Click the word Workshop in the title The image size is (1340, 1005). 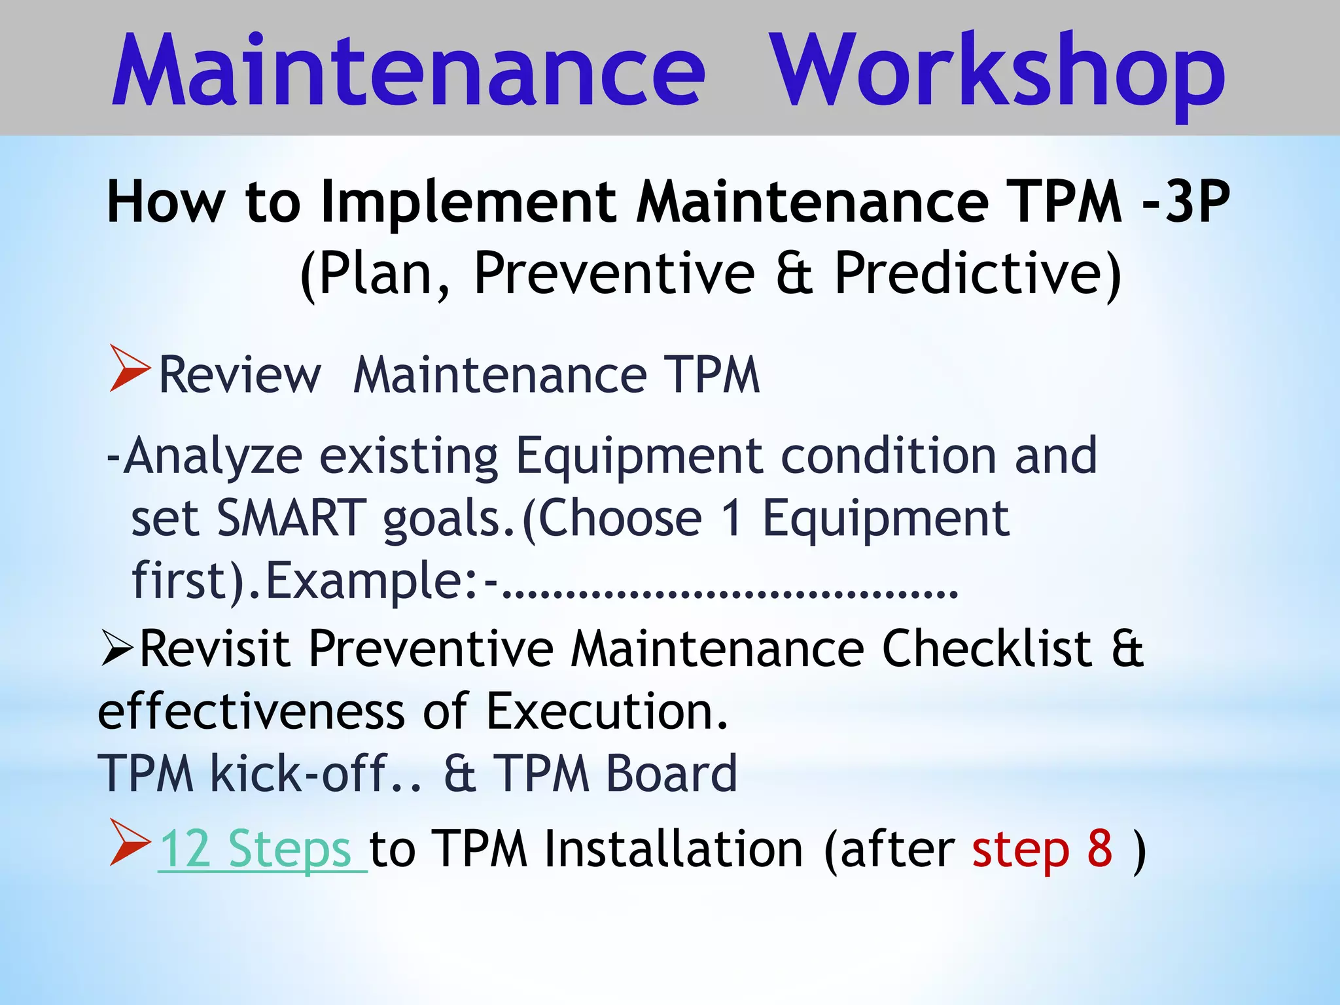[x=996, y=72]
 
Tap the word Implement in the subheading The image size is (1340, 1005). [x=468, y=203]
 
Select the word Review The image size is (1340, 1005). [x=240, y=376]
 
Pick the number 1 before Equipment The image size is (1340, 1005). [x=732, y=518]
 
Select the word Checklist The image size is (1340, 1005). [x=987, y=649]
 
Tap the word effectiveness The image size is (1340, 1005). [x=251, y=711]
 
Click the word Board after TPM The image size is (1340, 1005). [x=672, y=774]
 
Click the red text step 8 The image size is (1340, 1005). [x=1042, y=849]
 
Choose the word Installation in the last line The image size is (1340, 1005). [x=673, y=849]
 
